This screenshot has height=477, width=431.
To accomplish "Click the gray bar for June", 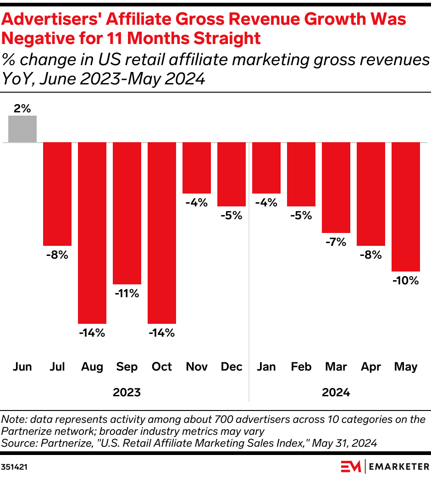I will pyautogui.click(x=22, y=129).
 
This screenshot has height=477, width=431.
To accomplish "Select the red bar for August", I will pyautogui.click(x=92, y=233).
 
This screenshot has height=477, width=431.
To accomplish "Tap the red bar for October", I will pyautogui.click(x=162, y=233).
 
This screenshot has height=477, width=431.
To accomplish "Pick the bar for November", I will pyautogui.click(x=197, y=167).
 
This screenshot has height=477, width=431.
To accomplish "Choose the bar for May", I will pyautogui.click(x=406, y=206).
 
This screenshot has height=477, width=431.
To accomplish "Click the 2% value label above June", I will pyautogui.click(x=22, y=109).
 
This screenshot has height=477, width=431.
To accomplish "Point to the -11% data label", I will pyautogui.click(x=127, y=294).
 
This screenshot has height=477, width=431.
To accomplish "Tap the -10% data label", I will pyautogui.click(x=406, y=281).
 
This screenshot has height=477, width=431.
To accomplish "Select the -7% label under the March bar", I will pyautogui.click(x=336, y=242).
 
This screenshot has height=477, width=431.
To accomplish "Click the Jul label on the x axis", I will pyautogui.click(x=57, y=366).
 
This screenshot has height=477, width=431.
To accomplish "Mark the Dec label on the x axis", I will pyautogui.click(x=232, y=366).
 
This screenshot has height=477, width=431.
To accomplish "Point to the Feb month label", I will pyautogui.click(x=301, y=366).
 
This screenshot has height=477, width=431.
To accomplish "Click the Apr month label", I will pyautogui.click(x=371, y=366).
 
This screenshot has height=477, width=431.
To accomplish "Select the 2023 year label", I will pyautogui.click(x=127, y=393).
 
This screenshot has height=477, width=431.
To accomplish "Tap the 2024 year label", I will pyautogui.click(x=336, y=393).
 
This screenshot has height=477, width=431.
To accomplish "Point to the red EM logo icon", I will pyautogui.click(x=351, y=466).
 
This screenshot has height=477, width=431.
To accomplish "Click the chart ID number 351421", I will pyautogui.click(x=13, y=466).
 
